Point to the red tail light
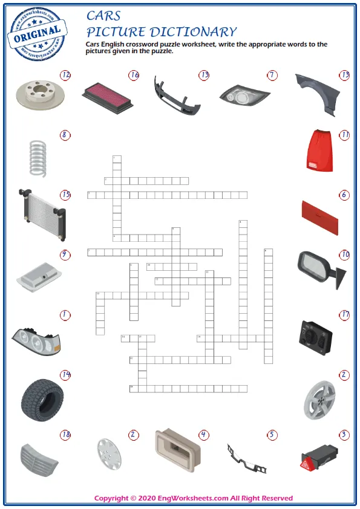click(x=318, y=149)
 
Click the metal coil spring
click(x=38, y=158)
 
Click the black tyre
click(x=42, y=400)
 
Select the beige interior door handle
click(x=177, y=450)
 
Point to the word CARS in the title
click(x=103, y=16)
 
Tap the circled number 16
click(x=134, y=75)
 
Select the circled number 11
click(x=344, y=135)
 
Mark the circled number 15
click(x=65, y=195)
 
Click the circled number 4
click(x=204, y=435)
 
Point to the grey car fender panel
click(x=318, y=94)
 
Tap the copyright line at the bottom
click(x=194, y=498)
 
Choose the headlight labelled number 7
click(x=245, y=95)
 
